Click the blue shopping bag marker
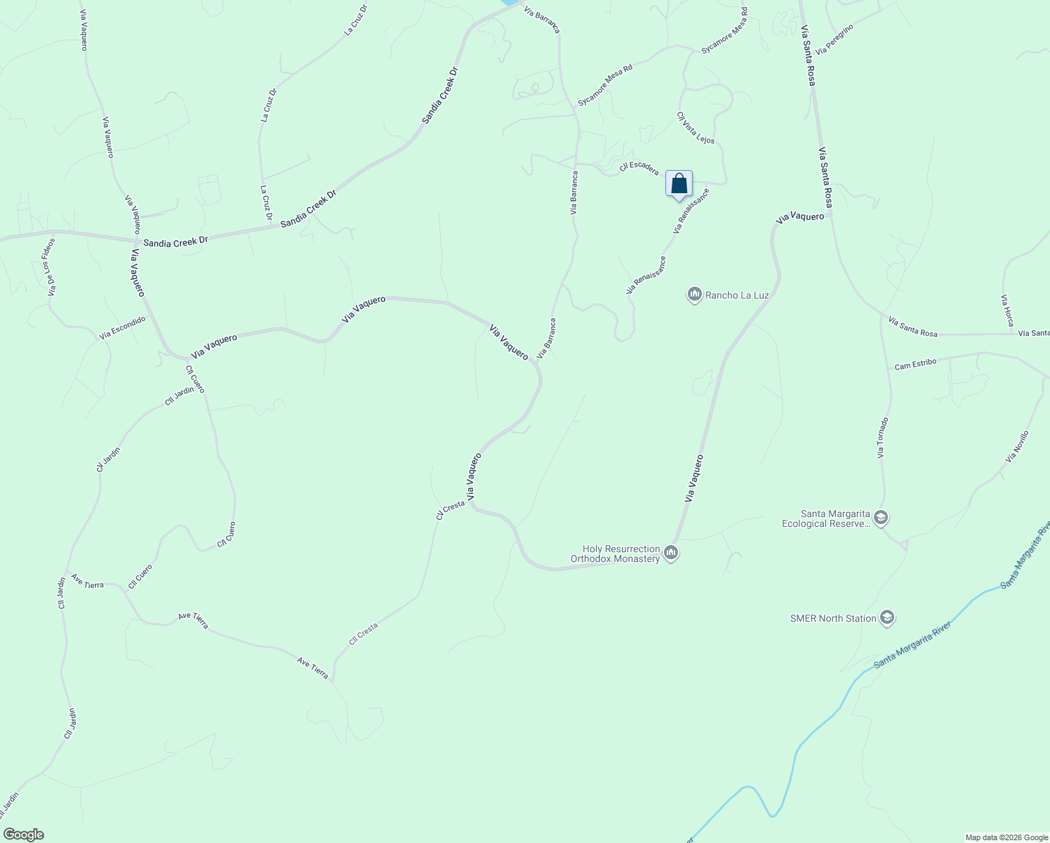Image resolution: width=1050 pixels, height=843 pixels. pyautogui.click(x=679, y=185)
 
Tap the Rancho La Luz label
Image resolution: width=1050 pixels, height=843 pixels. pyautogui.click(x=737, y=295)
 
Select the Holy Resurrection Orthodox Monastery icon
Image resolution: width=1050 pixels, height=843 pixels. pyautogui.click(x=671, y=554)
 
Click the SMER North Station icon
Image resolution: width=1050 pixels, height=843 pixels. pyautogui.click(x=886, y=618)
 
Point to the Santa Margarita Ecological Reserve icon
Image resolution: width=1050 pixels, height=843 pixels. pyautogui.click(x=882, y=518)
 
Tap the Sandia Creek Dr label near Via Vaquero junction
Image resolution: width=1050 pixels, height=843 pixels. pyautogui.click(x=175, y=242)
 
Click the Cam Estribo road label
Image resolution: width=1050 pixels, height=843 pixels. pyautogui.click(x=915, y=364)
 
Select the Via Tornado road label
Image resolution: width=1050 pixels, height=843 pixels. pyautogui.click(x=883, y=438)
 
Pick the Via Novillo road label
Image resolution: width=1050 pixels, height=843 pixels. pyautogui.click(x=1016, y=446)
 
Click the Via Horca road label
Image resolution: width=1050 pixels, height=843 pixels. pyautogui.click(x=1007, y=310)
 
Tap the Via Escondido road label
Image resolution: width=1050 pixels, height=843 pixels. pyautogui.click(x=122, y=327)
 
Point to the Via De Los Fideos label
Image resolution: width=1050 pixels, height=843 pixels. pyautogui.click(x=51, y=266)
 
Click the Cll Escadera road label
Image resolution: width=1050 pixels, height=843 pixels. pyautogui.click(x=639, y=168)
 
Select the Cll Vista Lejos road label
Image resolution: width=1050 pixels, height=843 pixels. pyautogui.click(x=696, y=128)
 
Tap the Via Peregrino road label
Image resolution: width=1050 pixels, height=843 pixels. pyautogui.click(x=834, y=39)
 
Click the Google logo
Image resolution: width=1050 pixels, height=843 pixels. pyautogui.click(x=23, y=835)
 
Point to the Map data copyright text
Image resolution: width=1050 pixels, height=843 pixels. pyautogui.click(x=1006, y=837)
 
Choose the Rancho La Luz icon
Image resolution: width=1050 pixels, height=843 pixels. pyautogui.click(x=694, y=295)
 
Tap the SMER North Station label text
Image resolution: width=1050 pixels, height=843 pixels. pyautogui.click(x=833, y=618)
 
